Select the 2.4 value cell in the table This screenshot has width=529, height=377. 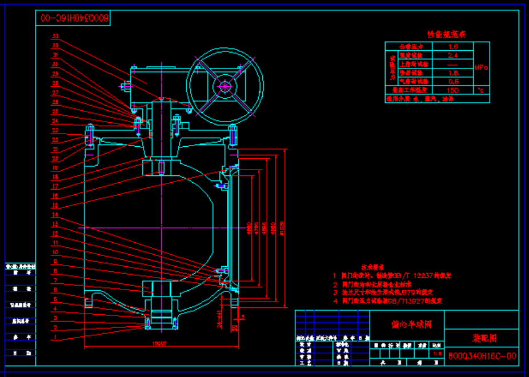pyautogui.click(x=452, y=55)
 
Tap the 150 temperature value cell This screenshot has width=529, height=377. pyautogui.click(x=452, y=90)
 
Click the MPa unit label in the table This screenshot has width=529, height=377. pyautogui.click(x=481, y=67)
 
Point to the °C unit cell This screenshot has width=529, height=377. pyautogui.click(x=481, y=90)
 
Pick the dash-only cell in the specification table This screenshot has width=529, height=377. pyautogui.click(x=452, y=64)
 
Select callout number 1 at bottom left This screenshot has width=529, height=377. pyautogui.click(x=55, y=337)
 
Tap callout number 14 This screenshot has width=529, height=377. pyautogui.click(x=55, y=215)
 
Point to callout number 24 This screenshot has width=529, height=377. pyautogui.click(x=55, y=121)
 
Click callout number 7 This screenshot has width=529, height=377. pyautogui.click(x=55, y=280)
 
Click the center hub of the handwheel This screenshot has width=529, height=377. pyautogui.click(x=225, y=86)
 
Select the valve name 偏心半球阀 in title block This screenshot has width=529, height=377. pyautogui.click(x=407, y=324)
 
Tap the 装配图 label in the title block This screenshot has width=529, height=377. pyautogui.click(x=481, y=338)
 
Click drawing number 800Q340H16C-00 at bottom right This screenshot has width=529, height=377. pyautogui.click(x=482, y=356)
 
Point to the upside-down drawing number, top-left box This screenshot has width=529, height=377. pyautogui.click(x=73, y=18)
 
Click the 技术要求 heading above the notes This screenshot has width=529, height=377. pyautogui.click(x=372, y=267)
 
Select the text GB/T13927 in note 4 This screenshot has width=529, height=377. pyautogui.click(x=421, y=300)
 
